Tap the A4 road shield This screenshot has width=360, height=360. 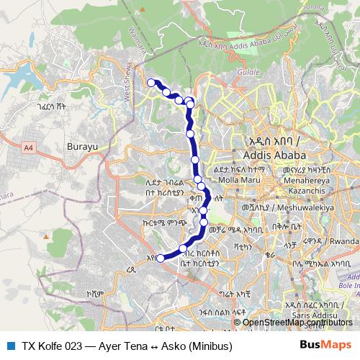click(28, 148)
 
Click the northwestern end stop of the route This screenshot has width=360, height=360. click(151, 83)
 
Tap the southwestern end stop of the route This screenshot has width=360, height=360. click(161, 258)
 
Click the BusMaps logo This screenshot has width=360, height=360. click(325, 345)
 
